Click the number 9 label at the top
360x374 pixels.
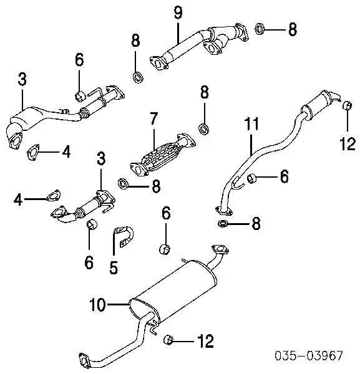(178, 12)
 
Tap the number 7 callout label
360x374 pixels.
(154, 118)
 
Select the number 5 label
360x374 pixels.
(114, 267)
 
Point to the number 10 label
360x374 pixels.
(97, 305)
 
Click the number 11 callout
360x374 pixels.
(251, 123)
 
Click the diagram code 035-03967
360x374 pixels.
(309, 355)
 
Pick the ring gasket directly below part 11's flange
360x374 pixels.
(223, 224)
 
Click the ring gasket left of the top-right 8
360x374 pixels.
(260, 29)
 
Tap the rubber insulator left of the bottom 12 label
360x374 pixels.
(168, 340)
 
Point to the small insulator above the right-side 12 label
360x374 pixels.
(348, 105)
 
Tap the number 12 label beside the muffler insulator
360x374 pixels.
(205, 341)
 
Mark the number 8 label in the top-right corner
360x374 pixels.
(293, 29)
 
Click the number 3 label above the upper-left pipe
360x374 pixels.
(22, 79)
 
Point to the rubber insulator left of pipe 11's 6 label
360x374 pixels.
(251, 179)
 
